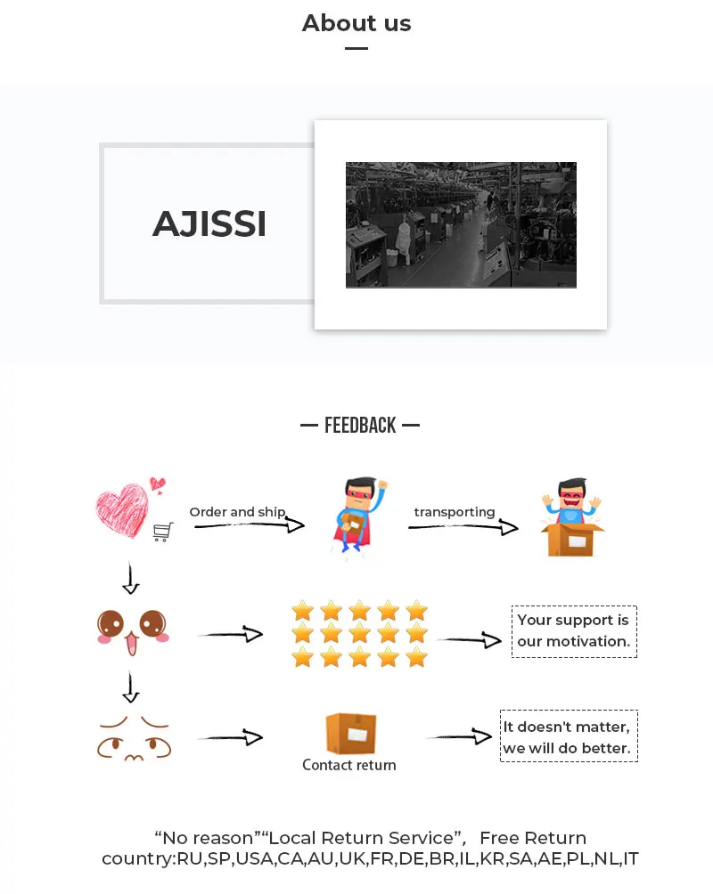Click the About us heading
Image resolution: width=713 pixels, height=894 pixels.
[356, 23]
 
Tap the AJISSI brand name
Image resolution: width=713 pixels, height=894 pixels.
[209, 223]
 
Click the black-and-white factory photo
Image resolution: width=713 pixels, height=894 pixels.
[461, 224]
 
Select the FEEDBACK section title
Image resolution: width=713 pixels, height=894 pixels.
[360, 426]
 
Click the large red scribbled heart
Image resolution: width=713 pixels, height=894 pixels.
[123, 509]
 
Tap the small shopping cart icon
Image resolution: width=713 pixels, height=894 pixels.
[162, 532]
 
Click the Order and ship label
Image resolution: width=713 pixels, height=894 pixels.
[237, 512]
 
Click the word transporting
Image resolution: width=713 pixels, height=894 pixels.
[455, 512]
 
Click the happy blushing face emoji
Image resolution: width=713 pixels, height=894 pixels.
[131, 627]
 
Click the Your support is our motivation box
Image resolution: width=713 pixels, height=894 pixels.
[574, 631]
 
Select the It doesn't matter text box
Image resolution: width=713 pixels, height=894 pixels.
[569, 737]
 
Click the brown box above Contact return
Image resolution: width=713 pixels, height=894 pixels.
[350, 733]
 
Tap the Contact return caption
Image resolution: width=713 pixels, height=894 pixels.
[348, 765]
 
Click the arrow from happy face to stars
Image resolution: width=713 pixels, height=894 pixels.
[230, 635]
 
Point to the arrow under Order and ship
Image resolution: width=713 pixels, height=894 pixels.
[250, 526]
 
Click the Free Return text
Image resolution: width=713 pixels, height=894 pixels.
[533, 838]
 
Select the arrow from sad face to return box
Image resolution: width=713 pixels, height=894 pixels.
[230, 738]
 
